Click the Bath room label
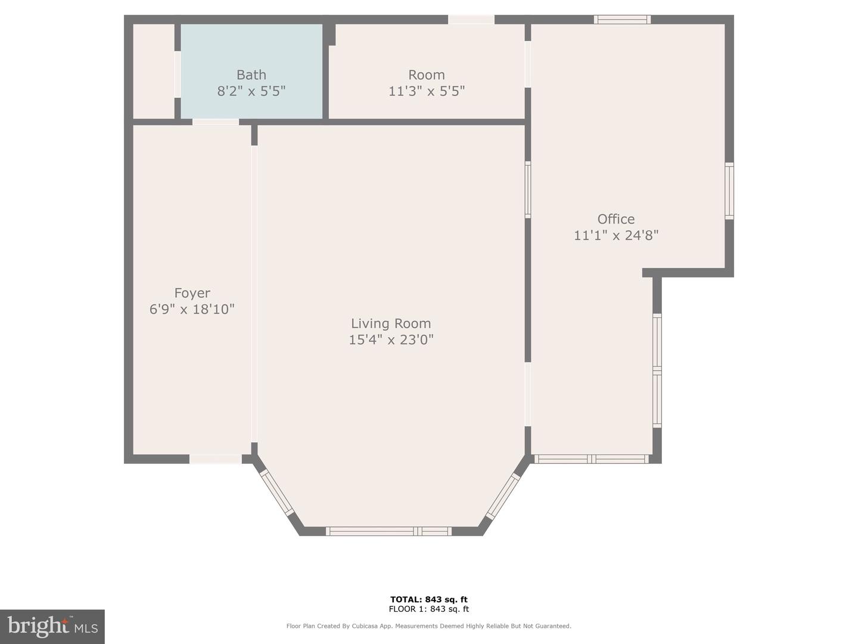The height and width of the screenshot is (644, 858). tap(251, 75)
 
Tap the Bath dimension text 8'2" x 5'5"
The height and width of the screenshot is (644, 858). tap(251, 91)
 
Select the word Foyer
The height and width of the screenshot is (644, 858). tap(192, 293)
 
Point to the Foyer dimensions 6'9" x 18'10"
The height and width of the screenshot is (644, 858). tap(192, 309)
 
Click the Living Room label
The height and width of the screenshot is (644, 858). tap(391, 323)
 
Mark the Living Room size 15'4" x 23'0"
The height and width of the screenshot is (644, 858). tap(391, 339)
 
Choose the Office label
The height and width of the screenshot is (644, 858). tap(616, 219)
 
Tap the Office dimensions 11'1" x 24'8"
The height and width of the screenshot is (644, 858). tap(616, 236)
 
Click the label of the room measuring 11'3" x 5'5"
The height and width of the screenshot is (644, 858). tap(427, 75)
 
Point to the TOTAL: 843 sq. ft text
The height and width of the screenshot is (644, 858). tap(429, 599)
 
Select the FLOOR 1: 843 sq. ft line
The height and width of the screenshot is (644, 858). tap(429, 609)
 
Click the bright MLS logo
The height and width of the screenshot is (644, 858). tap(52, 627)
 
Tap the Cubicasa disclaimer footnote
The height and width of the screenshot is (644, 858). tap(429, 626)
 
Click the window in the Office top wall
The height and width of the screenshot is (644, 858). tap(622, 20)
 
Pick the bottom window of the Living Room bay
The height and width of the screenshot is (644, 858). tap(389, 531)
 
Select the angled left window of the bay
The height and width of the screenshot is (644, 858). tap(276, 493)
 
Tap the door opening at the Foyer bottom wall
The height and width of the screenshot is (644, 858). tap(216, 459)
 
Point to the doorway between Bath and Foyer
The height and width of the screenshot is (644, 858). tap(216, 122)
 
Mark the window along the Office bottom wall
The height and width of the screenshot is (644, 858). tap(592, 459)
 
